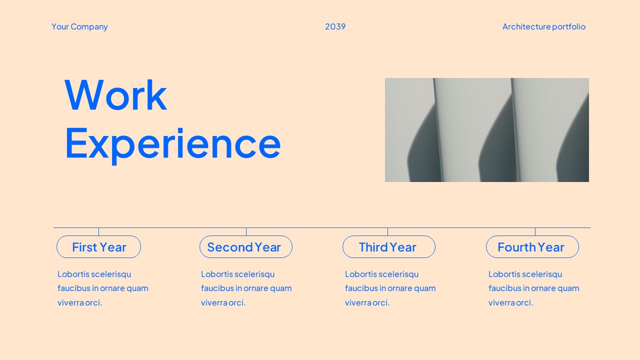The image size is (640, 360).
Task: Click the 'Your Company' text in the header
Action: pos(79,26)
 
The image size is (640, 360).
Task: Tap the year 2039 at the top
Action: pos(335,26)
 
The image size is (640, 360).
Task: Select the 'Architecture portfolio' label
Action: pos(543,26)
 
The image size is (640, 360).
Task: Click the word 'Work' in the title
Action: pos(115,95)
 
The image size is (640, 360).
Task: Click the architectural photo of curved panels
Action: pos(486,130)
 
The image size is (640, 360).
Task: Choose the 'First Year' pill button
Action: pos(99,247)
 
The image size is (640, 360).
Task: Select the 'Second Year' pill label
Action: pos(245,247)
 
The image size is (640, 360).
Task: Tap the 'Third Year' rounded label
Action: pos(388,247)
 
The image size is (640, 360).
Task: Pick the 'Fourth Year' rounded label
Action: pos(532,247)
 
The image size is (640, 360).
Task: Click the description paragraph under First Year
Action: pos(102,288)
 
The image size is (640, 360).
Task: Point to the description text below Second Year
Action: pos(246,288)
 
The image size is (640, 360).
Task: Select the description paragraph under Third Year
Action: pos(390,288)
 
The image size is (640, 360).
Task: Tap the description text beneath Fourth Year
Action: pos(533,288)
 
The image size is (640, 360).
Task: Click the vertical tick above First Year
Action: pos(98,232)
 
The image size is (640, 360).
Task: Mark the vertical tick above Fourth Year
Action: pos(535,232)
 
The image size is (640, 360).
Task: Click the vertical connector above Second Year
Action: pos(246,232)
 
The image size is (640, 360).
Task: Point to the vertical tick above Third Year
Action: pos(387,232)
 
